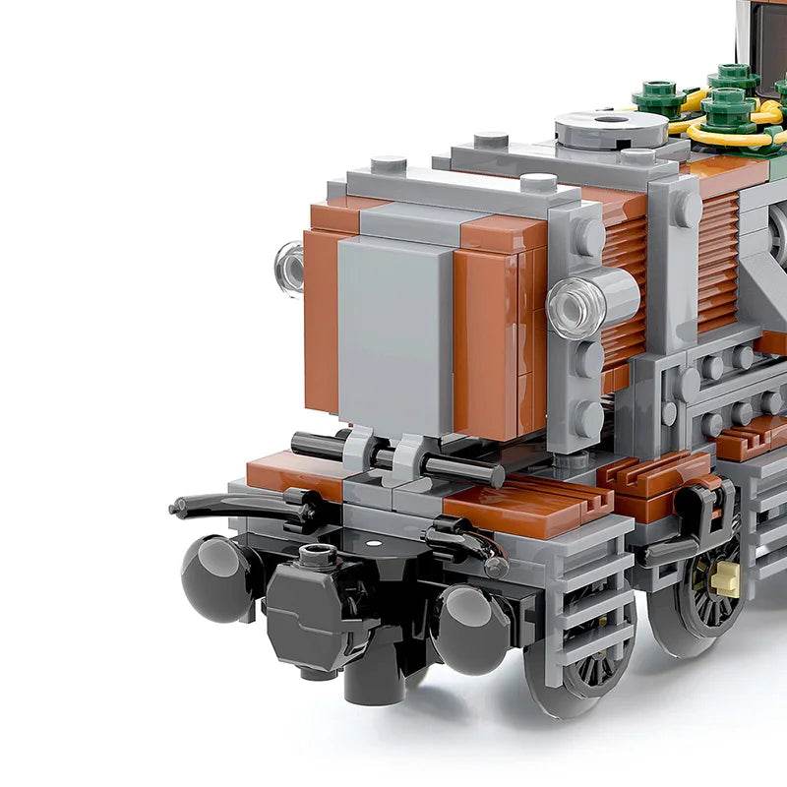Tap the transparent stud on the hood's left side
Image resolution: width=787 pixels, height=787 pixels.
[x=290, y=268]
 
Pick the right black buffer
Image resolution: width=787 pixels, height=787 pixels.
[x=470, y=628]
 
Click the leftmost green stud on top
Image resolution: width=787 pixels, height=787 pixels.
[x=658, y=96]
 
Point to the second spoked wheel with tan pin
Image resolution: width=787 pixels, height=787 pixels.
[x=710, y=590]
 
